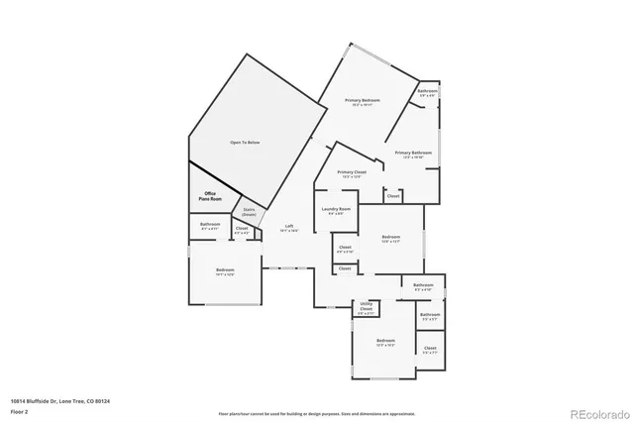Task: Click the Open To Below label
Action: pyautogui.click(x=245, y=143)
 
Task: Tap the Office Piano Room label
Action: pyautogui.click(x=209, y=196)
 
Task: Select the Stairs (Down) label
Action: pyautogui.click(x=250, y=212)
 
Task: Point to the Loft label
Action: pyautogui.click(x=289, y=228)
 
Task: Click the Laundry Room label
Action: pyautogui.click(x=337, y=209)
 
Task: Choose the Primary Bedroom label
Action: pyautogui.click(x=363, y=101)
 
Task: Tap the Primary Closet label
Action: pyautogui.click(x=352, y=172)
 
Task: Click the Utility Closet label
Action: pyautogui.click(x=366, y=307)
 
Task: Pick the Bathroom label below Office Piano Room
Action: pyautogui.click(x=210, y=224)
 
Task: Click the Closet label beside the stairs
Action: pyautogui.click(x=242, y=229)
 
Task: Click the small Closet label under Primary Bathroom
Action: pyautogui.click(x=393, y=196)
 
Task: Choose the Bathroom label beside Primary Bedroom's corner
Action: pyautogui.click(x=427, y=91)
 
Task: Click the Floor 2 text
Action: pyautogui.click(x=20, y=410)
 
